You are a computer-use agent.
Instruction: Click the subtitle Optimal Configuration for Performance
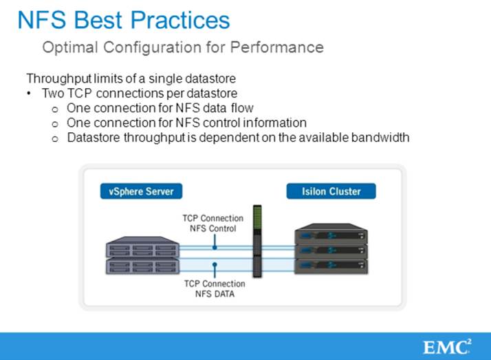(x=182, y=47)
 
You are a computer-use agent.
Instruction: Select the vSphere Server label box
(x=142, y=191)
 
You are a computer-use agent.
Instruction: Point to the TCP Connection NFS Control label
(x=213, y=224)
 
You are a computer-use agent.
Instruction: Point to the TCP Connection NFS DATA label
(x=214, y=288)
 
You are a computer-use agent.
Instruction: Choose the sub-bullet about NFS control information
(x=186, y=123)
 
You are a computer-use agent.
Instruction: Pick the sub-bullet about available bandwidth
(x=238, y=138)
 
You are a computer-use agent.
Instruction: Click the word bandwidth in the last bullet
(x=381, y=138)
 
